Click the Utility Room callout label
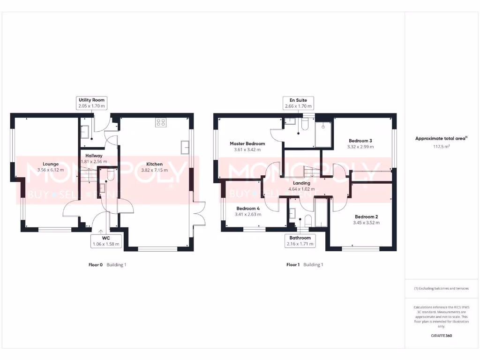(91, 103)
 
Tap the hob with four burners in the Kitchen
(161, 122)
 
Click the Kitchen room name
(154, 164)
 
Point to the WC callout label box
(106, 241)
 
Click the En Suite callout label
(298, 103)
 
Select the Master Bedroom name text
(247, 143)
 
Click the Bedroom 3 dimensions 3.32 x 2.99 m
(360, 147)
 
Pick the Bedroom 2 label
(366, 217)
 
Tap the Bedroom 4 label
(248, 208)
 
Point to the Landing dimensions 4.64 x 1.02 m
(301, 189)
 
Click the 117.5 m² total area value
(441, 146)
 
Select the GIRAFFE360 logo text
(441, 336)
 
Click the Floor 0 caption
(96, 265)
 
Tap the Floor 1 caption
(293, 265)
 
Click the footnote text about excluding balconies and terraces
(441, 288)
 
